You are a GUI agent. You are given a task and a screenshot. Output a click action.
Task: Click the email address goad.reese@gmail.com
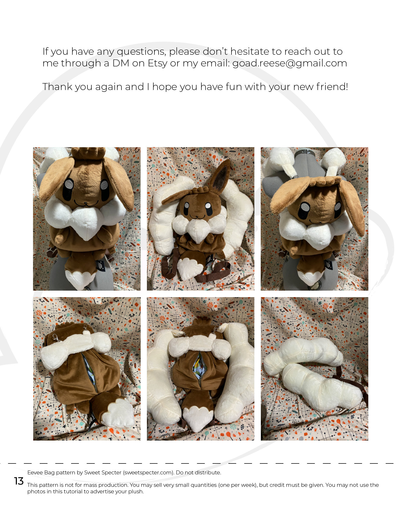[289, 63]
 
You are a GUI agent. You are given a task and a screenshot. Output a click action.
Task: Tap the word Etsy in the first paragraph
[158, 63]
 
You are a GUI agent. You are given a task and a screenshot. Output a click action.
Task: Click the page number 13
[19, 481]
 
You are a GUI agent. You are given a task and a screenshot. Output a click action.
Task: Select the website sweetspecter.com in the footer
[148, 473]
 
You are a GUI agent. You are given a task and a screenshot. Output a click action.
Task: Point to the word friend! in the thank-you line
[332, 87]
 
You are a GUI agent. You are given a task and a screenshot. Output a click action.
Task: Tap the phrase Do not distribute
[198, 473]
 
